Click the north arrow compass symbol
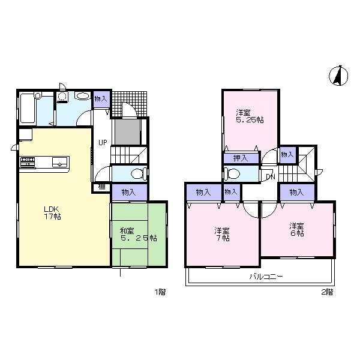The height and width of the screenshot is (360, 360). tap(338, 76)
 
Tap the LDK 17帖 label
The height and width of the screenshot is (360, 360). tap(52, 213)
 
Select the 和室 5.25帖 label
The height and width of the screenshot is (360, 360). tap(137, 233)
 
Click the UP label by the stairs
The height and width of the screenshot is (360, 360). tap(103, 143)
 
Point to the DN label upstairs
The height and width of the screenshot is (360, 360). tap(271, 176)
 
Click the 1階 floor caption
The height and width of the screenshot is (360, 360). tap(160, 292)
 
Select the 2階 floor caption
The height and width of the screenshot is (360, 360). tap(326, 292)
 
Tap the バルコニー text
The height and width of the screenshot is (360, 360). tap(267, 277)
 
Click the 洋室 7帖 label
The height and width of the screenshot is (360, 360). tap(223, 234)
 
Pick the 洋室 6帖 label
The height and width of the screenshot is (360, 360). tap(296, 229)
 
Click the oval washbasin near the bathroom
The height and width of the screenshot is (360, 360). tap(82, 96)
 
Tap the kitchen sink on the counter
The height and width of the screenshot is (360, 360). tap(60, 161)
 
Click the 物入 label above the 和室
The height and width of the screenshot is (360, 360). tap(129, 192)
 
